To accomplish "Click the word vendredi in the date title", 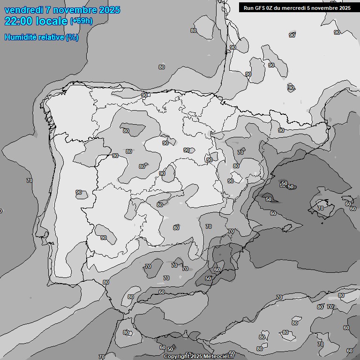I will tap(22, 10).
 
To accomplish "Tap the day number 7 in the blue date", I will tap(47, 10).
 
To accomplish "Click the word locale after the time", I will tap(52, 21).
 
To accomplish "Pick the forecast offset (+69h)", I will tap(81, 21).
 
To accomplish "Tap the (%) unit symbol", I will tap(72, 37).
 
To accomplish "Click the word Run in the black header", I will tap(249, 8).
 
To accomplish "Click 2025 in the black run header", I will tap(343, 8).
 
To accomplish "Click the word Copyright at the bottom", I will tap(177, 356).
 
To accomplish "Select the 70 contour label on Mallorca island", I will tap(321, 208).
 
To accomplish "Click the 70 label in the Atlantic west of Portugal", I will tap(30, 180).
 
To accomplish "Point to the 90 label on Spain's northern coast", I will tap(144, 95).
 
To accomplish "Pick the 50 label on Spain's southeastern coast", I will tap(209, 278).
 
